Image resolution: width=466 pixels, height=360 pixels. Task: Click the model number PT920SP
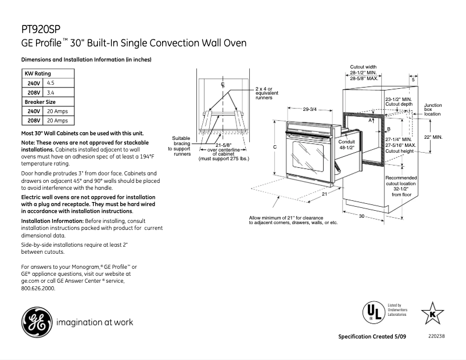click(40, 29)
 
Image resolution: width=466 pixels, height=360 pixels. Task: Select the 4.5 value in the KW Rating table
click(51, 83)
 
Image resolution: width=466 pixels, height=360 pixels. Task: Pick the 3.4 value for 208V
click(51, 92)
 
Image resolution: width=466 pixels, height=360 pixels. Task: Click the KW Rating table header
click(37, 74)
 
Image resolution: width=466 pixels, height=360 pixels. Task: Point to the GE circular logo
click(36, 322)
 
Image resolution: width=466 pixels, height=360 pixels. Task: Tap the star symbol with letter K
click(432, 313)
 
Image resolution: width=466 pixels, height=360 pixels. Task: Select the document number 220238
click(435, 337)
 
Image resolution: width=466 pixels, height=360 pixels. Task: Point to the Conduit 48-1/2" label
click(346, 144)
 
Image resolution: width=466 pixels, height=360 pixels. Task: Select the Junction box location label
click(433, 109)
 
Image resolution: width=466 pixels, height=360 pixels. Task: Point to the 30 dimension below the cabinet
click(361, 217)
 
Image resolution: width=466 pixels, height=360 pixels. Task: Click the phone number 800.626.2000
click(38, 288)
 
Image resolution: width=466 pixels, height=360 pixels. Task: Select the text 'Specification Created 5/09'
click(371, 337)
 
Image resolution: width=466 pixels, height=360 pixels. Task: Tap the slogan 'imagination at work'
click(95, 322)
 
